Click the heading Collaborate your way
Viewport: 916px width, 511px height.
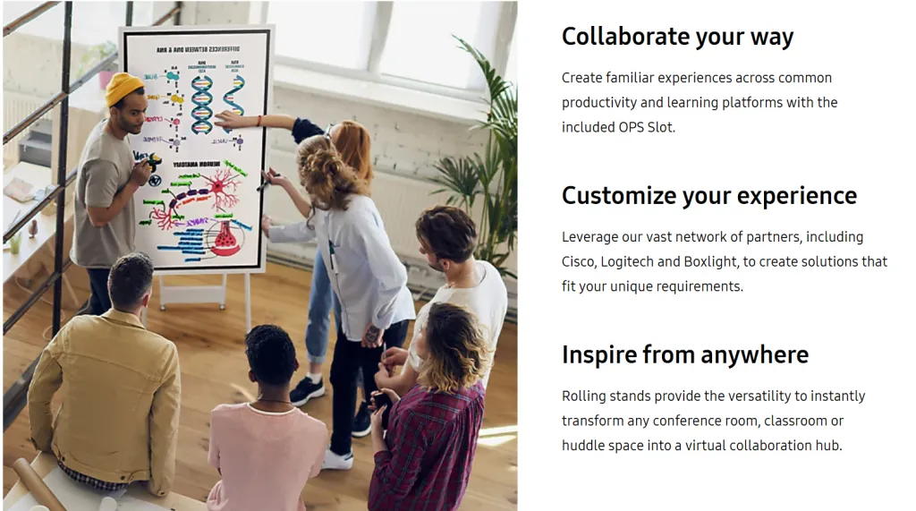[677, 37]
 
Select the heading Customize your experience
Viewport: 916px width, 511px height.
[708, 196]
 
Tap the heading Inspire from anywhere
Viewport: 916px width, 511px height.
[684, 355]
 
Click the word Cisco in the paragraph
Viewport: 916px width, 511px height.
[579, 261]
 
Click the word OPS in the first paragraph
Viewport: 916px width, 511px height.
[631, 127]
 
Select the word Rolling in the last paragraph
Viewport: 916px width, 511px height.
[583, 396]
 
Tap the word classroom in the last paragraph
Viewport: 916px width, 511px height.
[791, 421]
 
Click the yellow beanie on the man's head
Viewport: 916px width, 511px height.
[123, 88]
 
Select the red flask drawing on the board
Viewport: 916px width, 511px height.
[224, 238]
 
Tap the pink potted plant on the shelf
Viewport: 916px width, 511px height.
[106, 79]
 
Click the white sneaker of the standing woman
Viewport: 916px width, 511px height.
[338, 459]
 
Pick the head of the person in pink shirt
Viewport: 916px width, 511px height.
[270, 355]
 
